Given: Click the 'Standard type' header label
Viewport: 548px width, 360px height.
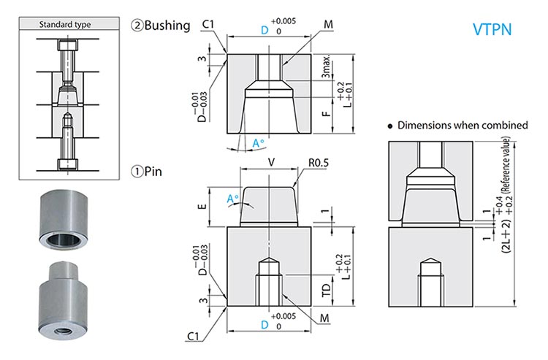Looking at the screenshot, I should [x=66, y=24].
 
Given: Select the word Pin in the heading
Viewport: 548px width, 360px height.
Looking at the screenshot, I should [x=154, y=172].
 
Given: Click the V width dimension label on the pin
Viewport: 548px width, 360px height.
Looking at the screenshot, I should [x=272, y=161].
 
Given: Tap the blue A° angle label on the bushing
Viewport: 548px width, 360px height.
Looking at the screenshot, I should [x=258, y=143].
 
